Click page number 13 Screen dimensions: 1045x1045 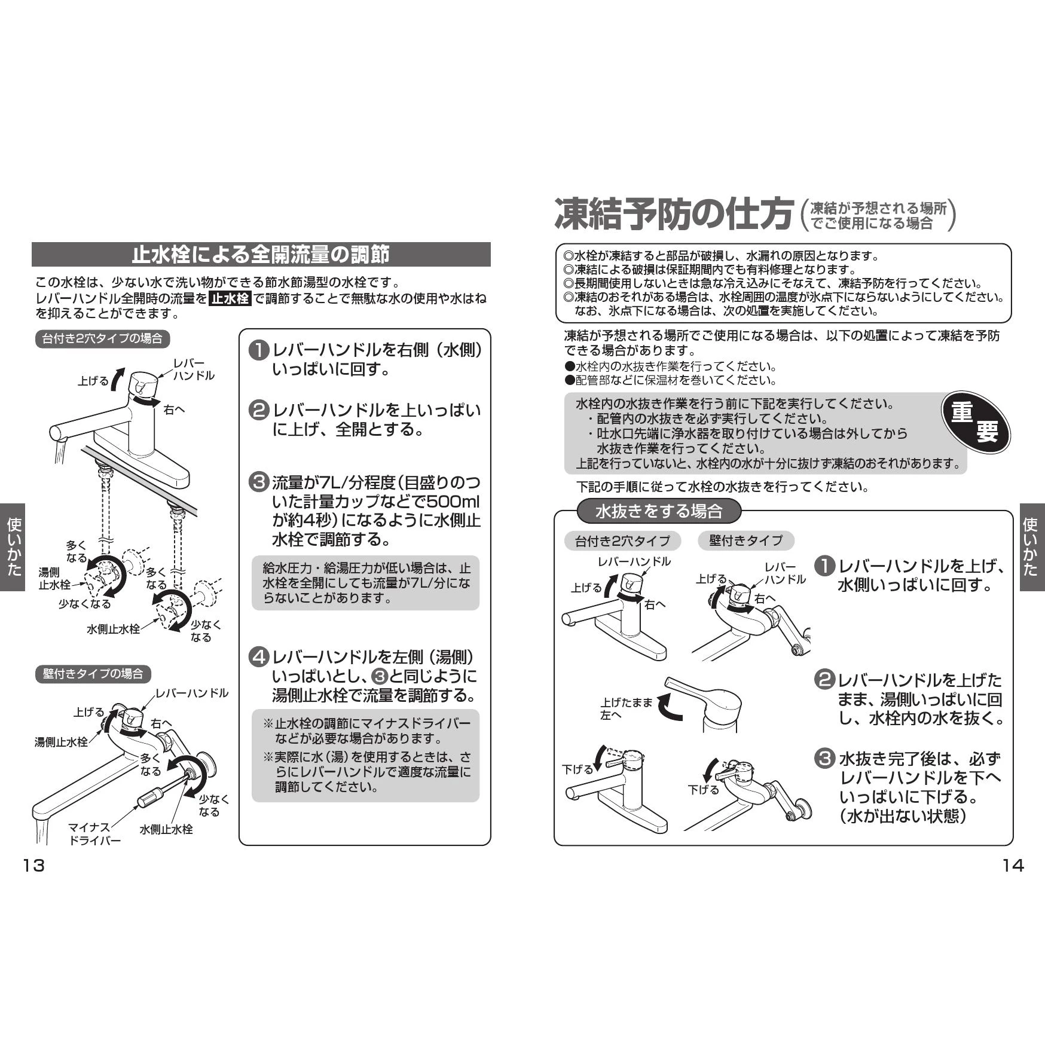33,865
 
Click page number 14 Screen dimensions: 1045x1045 1013,865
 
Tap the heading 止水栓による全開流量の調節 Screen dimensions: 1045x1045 261,255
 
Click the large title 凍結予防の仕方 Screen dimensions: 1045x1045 674,214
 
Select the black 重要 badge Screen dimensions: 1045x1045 975,422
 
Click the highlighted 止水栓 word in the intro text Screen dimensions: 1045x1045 230,298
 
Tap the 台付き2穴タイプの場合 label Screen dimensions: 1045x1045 102,338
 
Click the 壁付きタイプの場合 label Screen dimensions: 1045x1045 93,674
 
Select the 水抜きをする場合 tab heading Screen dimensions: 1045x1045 659,511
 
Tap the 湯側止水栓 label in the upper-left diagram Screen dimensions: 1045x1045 54,578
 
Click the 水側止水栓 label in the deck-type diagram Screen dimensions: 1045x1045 113,629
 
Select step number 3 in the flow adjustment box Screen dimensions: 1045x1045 258,482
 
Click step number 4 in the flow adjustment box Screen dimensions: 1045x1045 258,657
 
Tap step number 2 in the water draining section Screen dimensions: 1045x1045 824,679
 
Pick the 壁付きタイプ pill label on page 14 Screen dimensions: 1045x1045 745,540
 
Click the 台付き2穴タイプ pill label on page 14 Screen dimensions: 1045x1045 622,541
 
